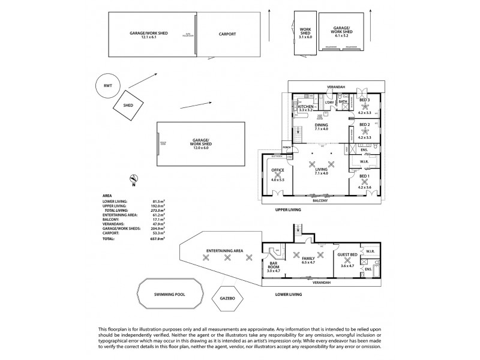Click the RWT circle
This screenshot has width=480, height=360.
pyautogui.click(x=107, y=86)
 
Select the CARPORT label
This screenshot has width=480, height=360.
pyautogui.click(x=227, y=34)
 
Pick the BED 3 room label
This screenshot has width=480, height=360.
pyautogui.click(x=365, y=100)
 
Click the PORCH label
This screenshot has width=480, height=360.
pyautogui.click(x=287, y=147)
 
